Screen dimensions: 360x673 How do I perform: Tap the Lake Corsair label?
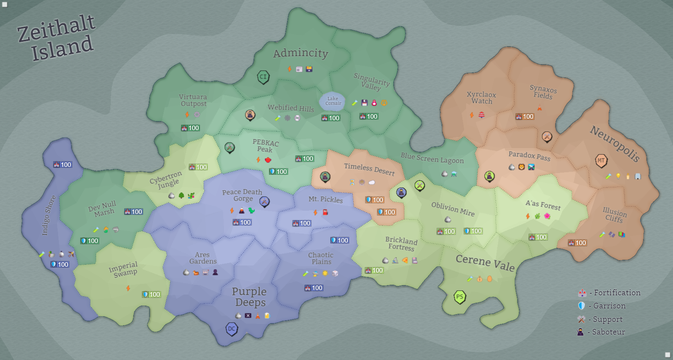[x=333, y=101]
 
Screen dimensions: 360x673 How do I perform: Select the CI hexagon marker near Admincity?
[x=263, y=76]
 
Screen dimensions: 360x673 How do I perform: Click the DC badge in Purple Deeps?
[x=232, y=328]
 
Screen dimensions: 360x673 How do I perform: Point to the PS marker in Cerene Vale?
[x=460, y=297]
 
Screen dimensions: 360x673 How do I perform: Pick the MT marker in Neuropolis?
[x=601, y=160]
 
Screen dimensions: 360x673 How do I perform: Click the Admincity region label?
[x=301, y=53]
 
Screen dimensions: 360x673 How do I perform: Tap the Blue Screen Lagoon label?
[x=432, y=158]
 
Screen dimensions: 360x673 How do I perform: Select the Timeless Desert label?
[x=369, y=169]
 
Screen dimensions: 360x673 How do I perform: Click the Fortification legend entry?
[x=609, y=292]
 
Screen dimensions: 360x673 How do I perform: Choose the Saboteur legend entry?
[x=601, y=332]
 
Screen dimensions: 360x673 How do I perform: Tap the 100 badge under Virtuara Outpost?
[x=190, y=128]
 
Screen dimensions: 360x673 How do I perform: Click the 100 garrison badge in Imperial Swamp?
[x=151, y=295]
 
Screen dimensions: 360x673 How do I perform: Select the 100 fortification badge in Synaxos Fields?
[x=525, y=117]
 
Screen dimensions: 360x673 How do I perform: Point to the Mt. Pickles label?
[x=325, y=199]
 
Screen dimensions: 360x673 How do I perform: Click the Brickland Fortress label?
[x=402, y=243]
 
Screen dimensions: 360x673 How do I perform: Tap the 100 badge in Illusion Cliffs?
[x=577, y=243]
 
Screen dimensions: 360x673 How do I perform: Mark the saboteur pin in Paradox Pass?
[x=489, y=176]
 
